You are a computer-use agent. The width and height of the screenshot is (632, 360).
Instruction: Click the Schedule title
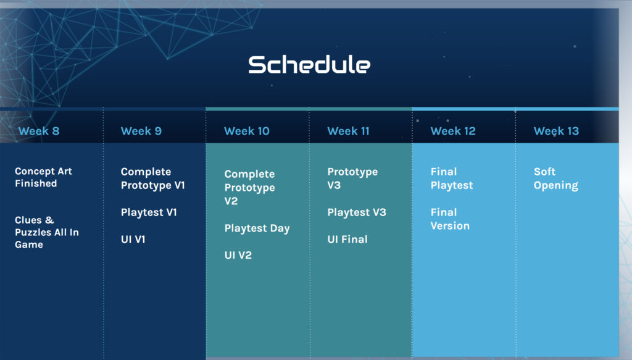coord(309,64)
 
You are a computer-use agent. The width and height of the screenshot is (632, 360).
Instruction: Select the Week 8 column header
coord(39,131)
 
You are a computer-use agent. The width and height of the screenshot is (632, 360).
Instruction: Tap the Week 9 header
coord(141,131)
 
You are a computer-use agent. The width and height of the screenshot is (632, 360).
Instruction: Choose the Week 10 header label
coord(247,131)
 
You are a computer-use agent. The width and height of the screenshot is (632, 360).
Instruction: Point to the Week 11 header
coord(348,131)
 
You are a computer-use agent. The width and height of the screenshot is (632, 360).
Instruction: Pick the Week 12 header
coord(453,131)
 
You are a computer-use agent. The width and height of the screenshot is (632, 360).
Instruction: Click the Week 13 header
coord(556,131)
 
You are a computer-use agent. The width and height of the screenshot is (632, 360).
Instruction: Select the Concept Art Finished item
coord(44,177)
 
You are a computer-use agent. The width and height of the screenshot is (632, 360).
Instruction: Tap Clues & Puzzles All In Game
coord(47,232)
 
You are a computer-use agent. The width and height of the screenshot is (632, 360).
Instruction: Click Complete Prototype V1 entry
coord(153,178)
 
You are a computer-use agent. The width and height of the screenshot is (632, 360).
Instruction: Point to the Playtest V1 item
coord(149,212)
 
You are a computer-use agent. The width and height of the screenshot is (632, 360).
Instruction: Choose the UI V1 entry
coord(133,240)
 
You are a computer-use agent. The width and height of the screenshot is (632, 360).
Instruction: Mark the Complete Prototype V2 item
coord(249,188)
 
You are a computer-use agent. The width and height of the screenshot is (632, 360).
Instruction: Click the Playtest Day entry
coord(257,228)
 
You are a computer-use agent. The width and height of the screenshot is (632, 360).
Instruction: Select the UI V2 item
coord(238,255)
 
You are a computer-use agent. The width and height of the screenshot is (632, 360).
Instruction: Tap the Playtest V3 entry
coord(357,212)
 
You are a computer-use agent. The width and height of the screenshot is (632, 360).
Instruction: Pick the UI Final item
coord(347,240)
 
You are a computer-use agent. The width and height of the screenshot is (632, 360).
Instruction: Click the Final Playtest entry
coord(452,178)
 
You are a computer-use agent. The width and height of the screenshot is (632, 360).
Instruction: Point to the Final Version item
coord(450,219)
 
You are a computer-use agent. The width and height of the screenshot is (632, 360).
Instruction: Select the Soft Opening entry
coord(556,178)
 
